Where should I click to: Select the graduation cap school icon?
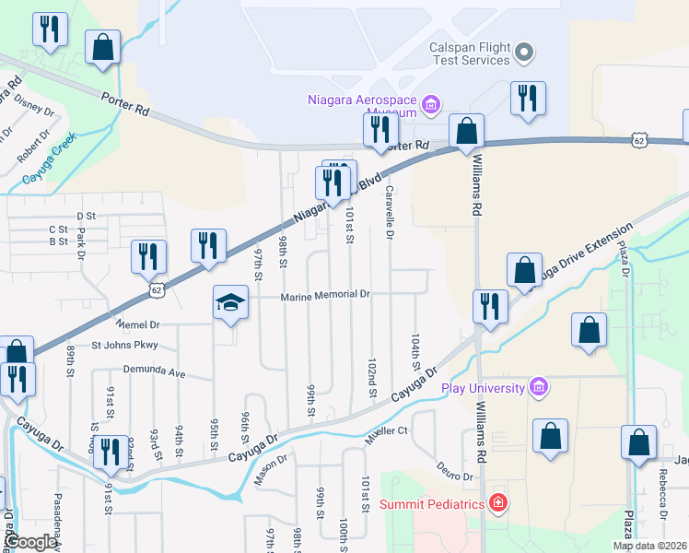[x=231, y=301]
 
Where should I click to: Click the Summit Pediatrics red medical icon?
[x=497, y=503]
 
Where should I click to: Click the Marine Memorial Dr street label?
[x=325, y=295]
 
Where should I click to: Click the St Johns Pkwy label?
[x=124, y=346]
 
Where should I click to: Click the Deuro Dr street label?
[x=454, y=471]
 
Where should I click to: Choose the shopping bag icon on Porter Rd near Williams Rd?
[x=467, y=132]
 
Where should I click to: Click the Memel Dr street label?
[x=138, y=324]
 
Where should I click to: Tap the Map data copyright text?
[x=650, y=546]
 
